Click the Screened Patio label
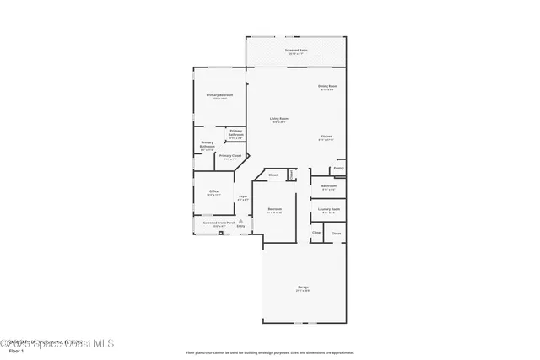[296, 50]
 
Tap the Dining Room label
[327, 86]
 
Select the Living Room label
[278, 118]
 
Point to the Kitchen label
[326, 136]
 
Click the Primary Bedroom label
[219, 95]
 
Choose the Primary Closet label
[230, 155]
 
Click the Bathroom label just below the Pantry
[329, 185]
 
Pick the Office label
[213, 191]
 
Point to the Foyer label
[243, 196]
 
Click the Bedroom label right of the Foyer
[275, 208]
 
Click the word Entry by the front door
[240, 226]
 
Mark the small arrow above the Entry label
[240, 221]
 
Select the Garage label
[302, 288]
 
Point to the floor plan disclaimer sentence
[270, 352]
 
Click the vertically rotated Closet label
[292, 175]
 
